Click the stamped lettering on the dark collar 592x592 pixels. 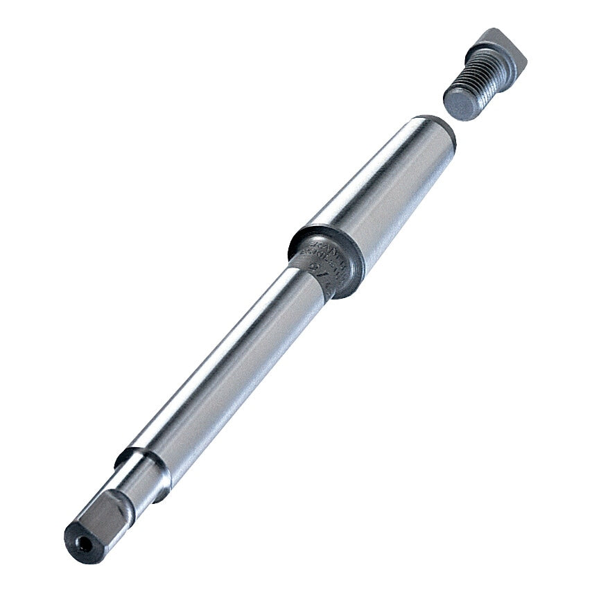tap(326, 252)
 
